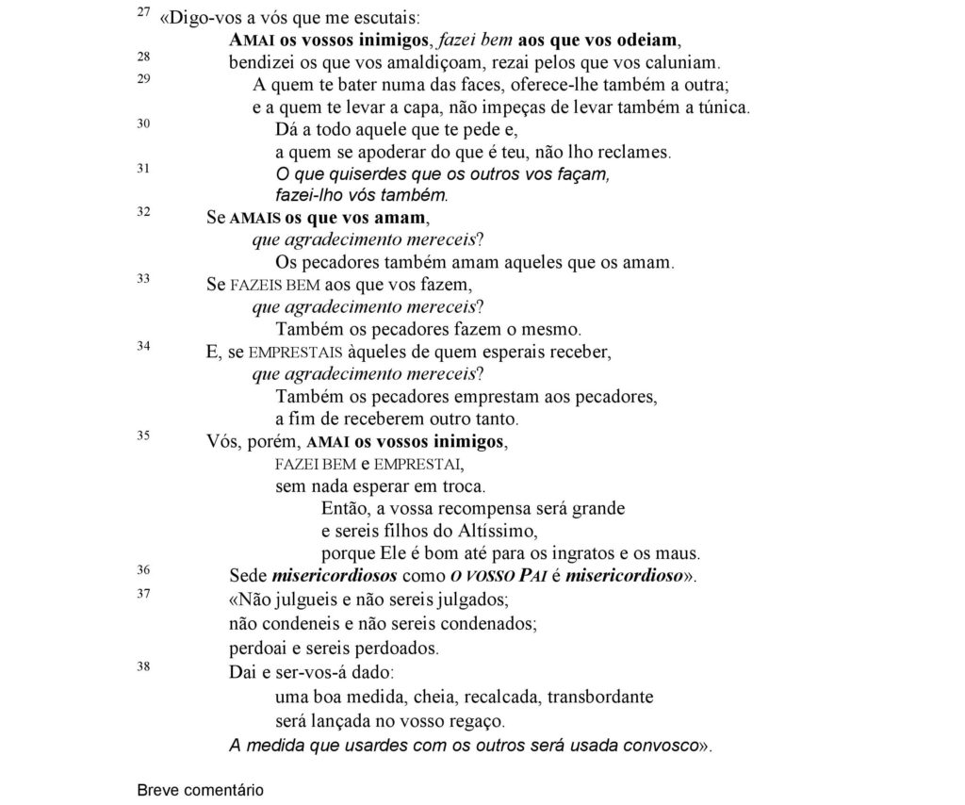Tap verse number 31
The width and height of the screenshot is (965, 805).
(143, 169)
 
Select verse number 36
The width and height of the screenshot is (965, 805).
(143, 569)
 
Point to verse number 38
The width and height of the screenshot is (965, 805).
(143, 667)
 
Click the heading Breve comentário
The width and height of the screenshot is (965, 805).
(201, 790)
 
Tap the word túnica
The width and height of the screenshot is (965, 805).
(721, 107)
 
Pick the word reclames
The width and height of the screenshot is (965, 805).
(638, 152)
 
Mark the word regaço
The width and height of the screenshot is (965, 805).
(470, 721)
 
